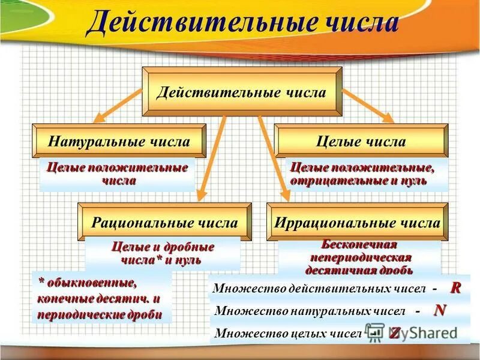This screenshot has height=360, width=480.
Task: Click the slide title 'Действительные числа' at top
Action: pos(242,23)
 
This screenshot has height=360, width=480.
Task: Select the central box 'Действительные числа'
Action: pos(241,92)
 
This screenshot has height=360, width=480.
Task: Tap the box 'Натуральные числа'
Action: pos(119,142)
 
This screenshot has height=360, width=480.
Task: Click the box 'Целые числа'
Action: pos(361,142)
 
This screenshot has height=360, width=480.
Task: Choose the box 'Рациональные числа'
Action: pos(164,223)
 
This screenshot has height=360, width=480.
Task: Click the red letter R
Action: pos(456,288)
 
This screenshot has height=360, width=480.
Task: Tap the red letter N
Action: pos(440,310)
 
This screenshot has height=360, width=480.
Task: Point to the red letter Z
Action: pos(394,332)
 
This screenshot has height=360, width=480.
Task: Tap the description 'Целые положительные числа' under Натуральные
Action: pos(117,173)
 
